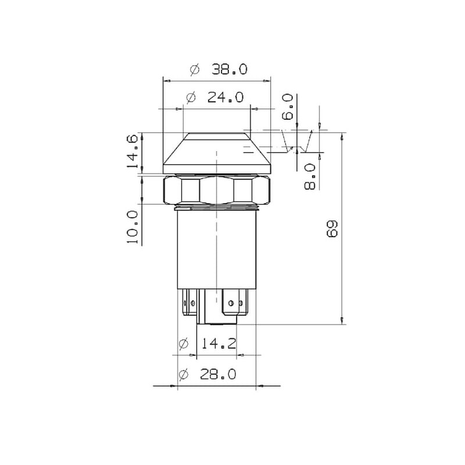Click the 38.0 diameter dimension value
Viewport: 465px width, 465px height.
pyautogui.click(x=229, y=69)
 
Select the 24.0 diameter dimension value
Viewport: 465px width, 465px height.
pyautogui.click(x=226, y=97)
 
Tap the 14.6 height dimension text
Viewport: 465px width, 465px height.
pyautogui.click(x=133, y=151)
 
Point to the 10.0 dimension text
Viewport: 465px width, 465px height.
pyautogui.click(x=133, y=227)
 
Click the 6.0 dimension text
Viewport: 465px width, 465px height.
pyautogui.click(x=287, y=107)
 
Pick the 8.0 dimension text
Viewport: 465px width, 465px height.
pyautogui.click(x=310, y=177)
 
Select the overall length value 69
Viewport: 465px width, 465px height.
pyautogui.click(x=332, y=228)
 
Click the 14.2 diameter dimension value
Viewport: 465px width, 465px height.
pyautogui.click(x=219, y=344)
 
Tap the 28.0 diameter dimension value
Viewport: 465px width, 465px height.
pyautogui.click(x=219, y=374)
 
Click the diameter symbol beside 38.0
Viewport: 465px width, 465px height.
pyautogui.click(x=195, y=70)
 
